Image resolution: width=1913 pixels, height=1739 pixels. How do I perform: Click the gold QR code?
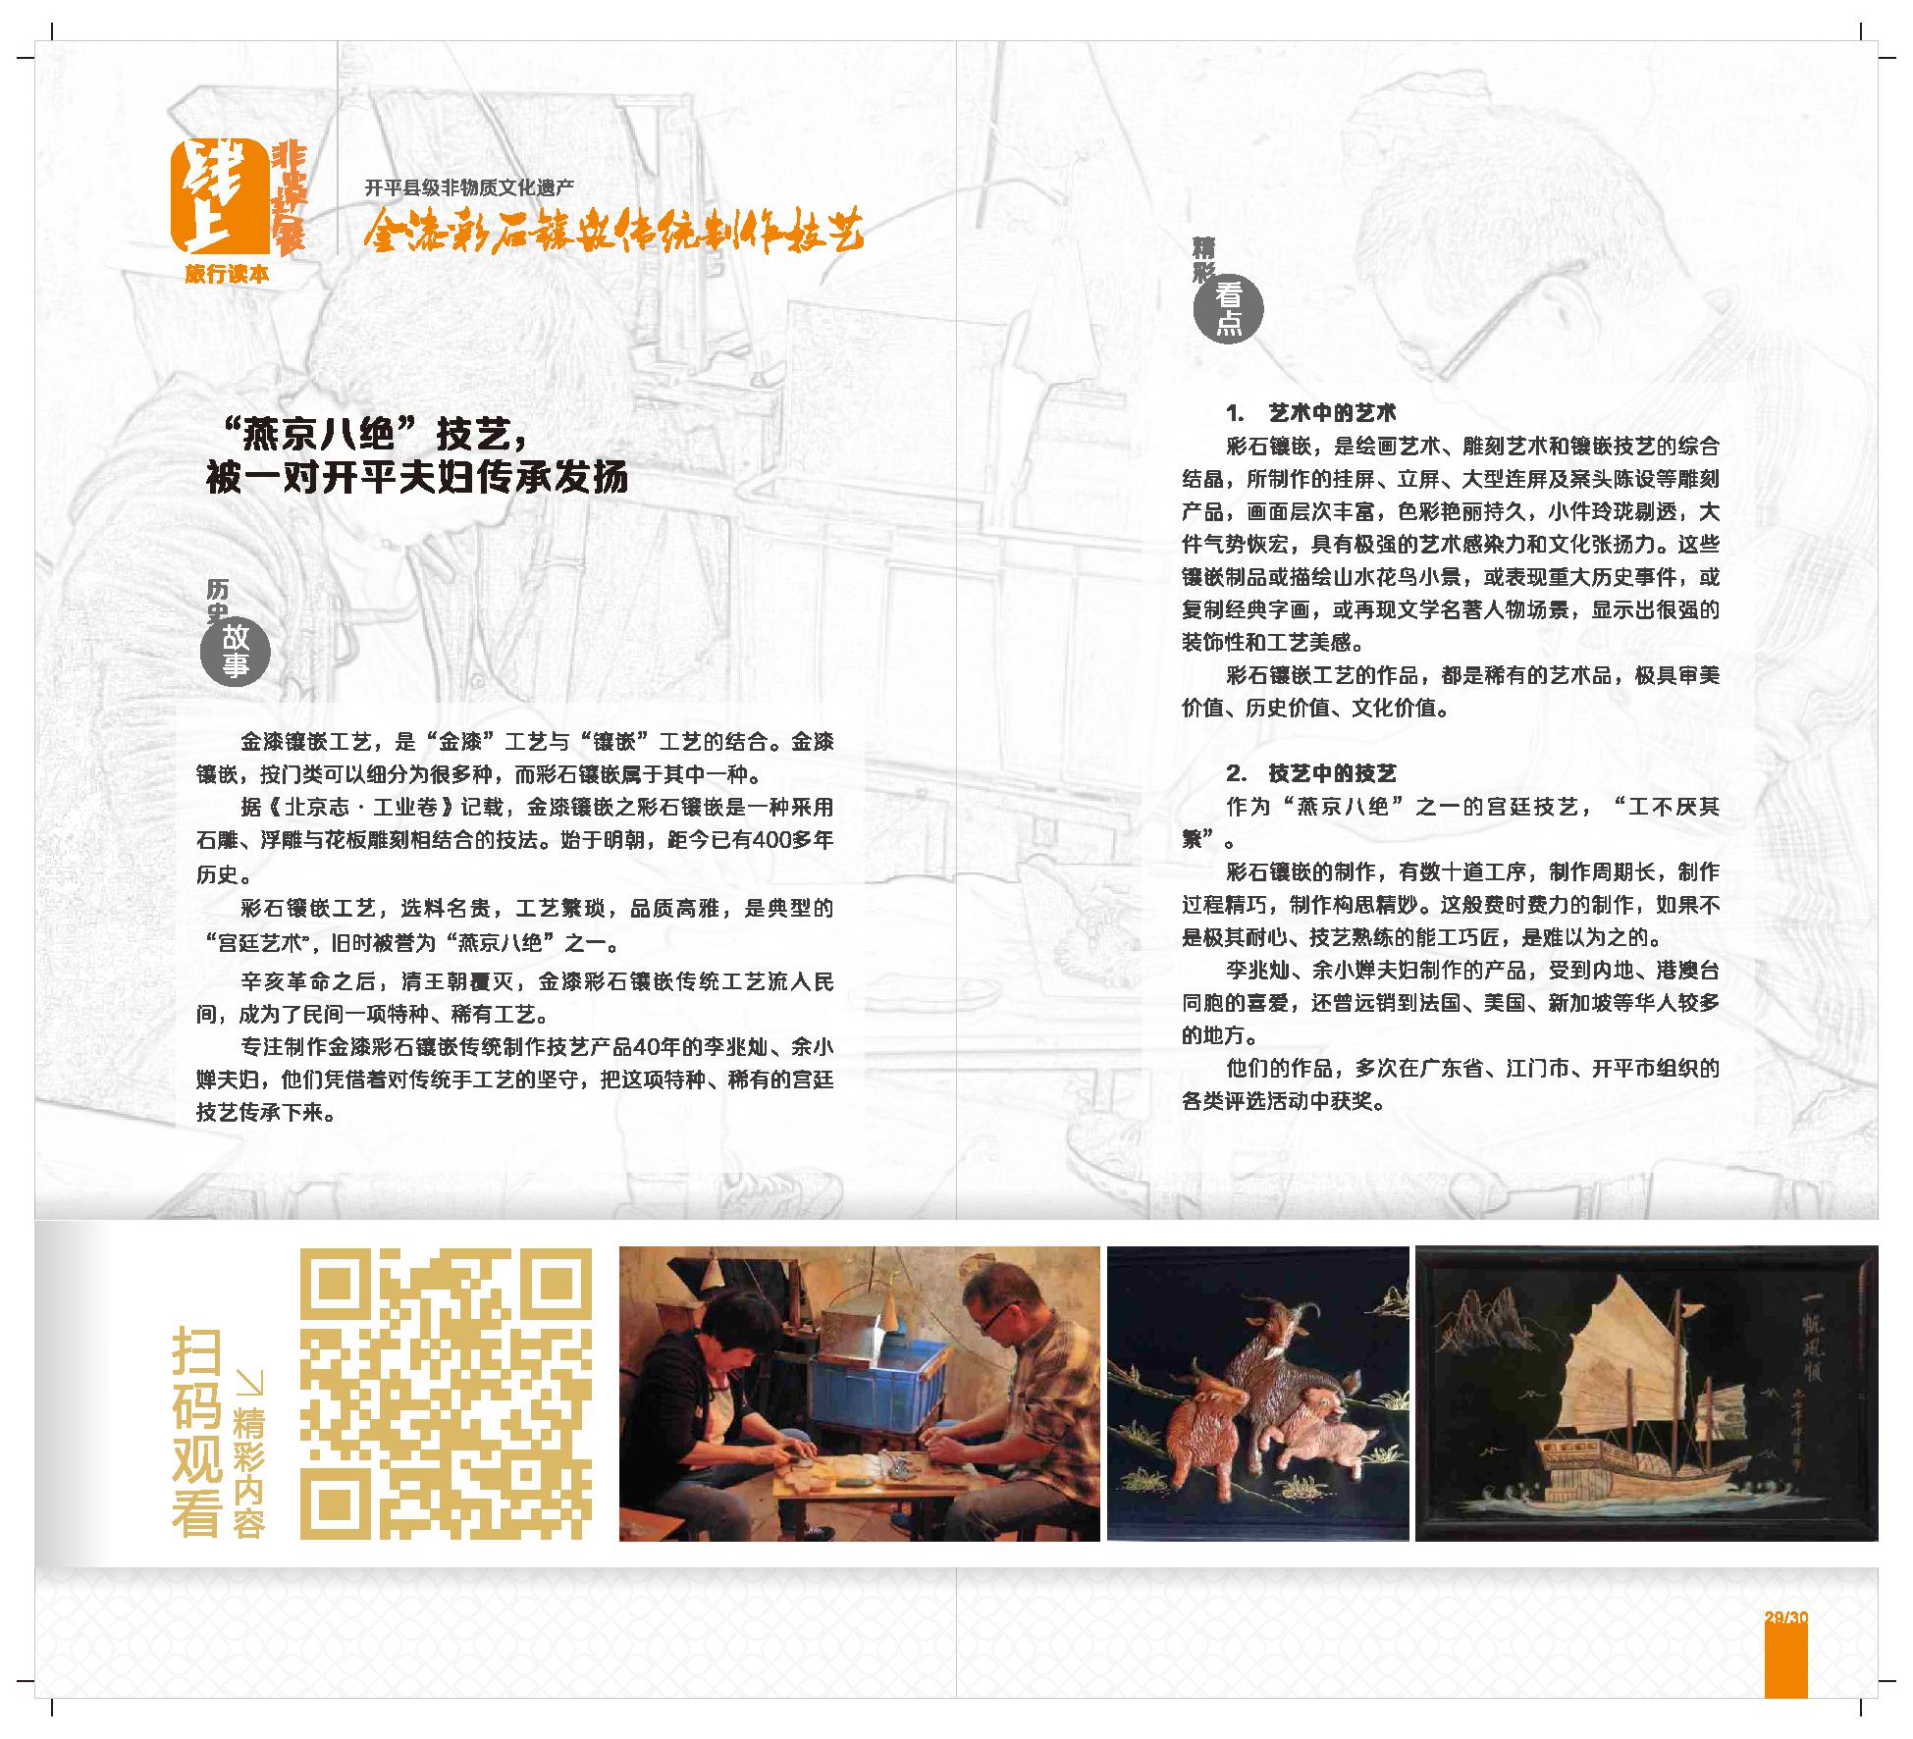click(446, 1394)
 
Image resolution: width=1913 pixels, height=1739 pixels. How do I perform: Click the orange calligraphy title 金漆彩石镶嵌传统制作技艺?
click(613, 232)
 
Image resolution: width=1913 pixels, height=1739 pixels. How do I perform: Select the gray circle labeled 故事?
click(235, 652)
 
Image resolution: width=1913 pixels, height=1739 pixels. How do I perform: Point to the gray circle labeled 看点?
click(1228, 309)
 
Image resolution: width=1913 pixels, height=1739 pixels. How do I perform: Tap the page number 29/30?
click(1785, 1617)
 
